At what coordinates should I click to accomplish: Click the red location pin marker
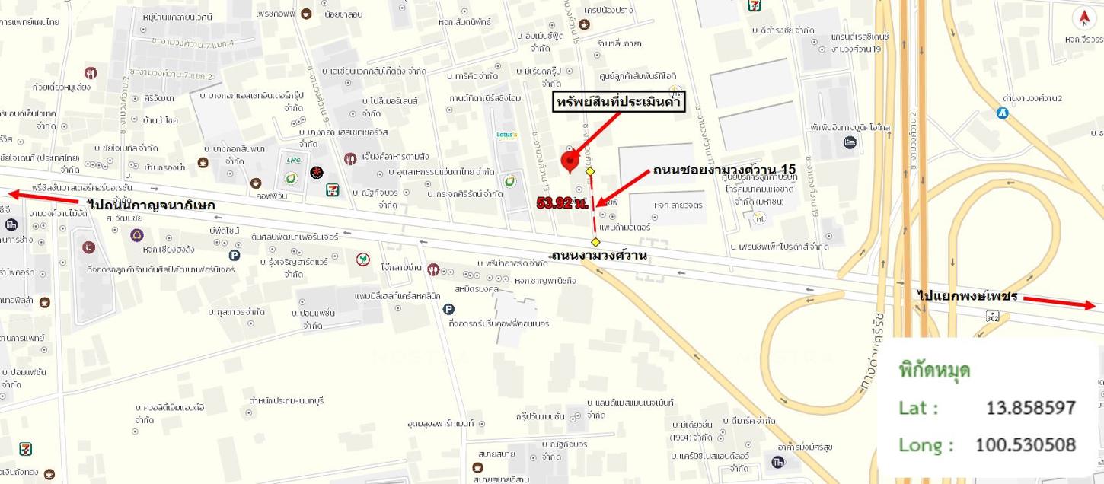(x=570, y=161)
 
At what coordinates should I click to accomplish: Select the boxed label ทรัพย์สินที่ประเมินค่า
(x=619, y=103)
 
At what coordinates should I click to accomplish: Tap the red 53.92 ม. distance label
(x=562, y=202)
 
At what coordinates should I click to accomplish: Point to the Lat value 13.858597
(x=1031, y=408)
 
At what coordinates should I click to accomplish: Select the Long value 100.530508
(x=1026, y=444)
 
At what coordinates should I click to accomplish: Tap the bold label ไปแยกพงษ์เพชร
(x=968, y=296)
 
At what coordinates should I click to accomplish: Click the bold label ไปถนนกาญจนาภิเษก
(x=152, y=205)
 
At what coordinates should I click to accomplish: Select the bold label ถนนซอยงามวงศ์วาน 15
(x=724, y=169)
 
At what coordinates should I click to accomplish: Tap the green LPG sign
(x=291, y=161)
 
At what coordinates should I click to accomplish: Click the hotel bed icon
(x=850, y=142)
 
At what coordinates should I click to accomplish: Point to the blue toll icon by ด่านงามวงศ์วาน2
(x=1003, y=113)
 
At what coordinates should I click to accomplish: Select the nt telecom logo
(x=758, y=219)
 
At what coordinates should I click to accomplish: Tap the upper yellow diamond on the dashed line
(x=590, y=171)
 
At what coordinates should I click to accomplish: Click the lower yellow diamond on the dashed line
(x=595, y=242)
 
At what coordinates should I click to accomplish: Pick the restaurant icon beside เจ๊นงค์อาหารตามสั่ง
(x=349, y=158)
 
